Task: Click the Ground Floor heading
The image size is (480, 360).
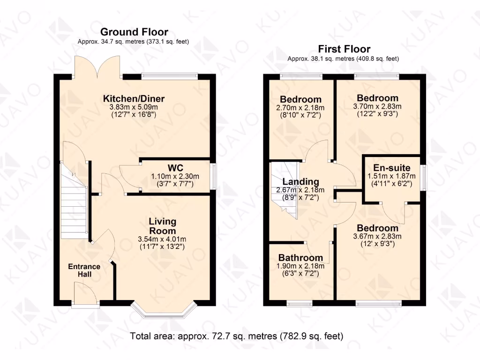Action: tap(134, 32)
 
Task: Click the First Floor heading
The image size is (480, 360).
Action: tap(344, 49)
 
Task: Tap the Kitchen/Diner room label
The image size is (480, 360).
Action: tap(134, 98)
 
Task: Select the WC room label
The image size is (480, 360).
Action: tap(175, 168)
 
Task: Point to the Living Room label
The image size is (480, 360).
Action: tap(162, 226)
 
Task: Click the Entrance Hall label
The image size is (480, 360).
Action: tap(84, 270)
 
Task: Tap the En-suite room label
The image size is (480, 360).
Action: tap(392, 168)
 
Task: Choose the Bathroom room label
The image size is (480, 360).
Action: tap(300, 258)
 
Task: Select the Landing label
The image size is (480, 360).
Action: tap(300, 182)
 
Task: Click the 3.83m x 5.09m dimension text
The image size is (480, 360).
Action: tap(134, 107)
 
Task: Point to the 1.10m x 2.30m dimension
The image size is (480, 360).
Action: tap(175, 176)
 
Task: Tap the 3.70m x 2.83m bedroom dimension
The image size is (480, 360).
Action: tap(377, 106)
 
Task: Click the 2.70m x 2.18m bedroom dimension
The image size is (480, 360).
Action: tap(300, 108)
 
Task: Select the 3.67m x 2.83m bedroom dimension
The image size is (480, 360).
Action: tap(377, 236)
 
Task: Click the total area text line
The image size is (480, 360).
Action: tap(237, 336)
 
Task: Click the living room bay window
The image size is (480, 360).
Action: tap(164, 311)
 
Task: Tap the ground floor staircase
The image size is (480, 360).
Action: tap(75, 202)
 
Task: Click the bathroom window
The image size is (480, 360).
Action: tap(300, 303)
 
